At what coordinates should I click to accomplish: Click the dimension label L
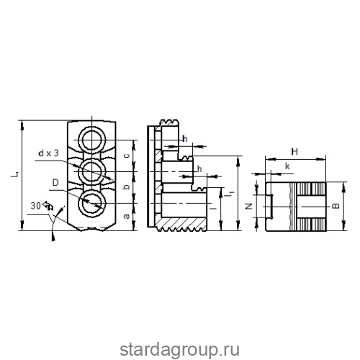15,174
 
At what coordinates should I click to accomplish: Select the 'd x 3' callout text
48,153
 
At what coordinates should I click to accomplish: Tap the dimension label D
55,183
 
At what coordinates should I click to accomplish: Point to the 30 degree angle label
35,206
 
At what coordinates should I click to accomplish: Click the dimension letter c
127,156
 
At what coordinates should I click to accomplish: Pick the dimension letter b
127,186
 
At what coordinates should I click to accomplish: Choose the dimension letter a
127,216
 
